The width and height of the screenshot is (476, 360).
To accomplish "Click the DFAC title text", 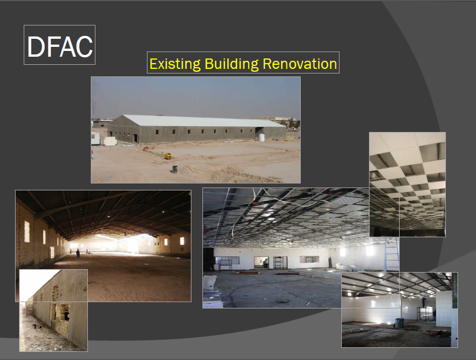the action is pyautogui.click(x=60, y=46).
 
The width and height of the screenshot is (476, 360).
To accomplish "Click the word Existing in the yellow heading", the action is pyautogui.click(x=175, y=64).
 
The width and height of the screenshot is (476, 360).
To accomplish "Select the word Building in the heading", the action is pyautogui.click(x=231, y=64).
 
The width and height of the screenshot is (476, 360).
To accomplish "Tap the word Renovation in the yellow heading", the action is pyautogui.click(x=300, y=64).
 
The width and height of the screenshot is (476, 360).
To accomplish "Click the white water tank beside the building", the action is pyautogui.click(x=261, y=137).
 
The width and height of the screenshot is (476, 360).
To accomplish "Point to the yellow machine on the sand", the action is pyautogui.click(x=168, y=156).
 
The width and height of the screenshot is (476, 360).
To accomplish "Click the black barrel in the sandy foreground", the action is pyautogui.click(x=175, y=169).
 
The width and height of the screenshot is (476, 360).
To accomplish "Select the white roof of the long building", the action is pyautogui.click(x=204, y=120).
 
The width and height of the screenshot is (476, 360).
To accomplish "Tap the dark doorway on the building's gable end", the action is pyautogui.click(x=135, y=138).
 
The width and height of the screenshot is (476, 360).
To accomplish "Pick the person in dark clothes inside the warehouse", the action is pyautogui.click(x=78, y=253).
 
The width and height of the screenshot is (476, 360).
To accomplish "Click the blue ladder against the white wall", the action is pyautogui.click(x=392, y=255).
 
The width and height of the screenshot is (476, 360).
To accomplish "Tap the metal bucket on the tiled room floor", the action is pyautogui.click(x=399, y=322).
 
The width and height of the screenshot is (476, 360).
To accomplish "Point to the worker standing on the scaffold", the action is pyautogui.click(x=424, y=302).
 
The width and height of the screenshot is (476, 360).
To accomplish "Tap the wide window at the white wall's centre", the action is pyautogui.click(x=309, y=259).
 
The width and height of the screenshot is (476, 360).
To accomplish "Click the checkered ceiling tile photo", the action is pyautogui.click(x=407, y=184).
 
